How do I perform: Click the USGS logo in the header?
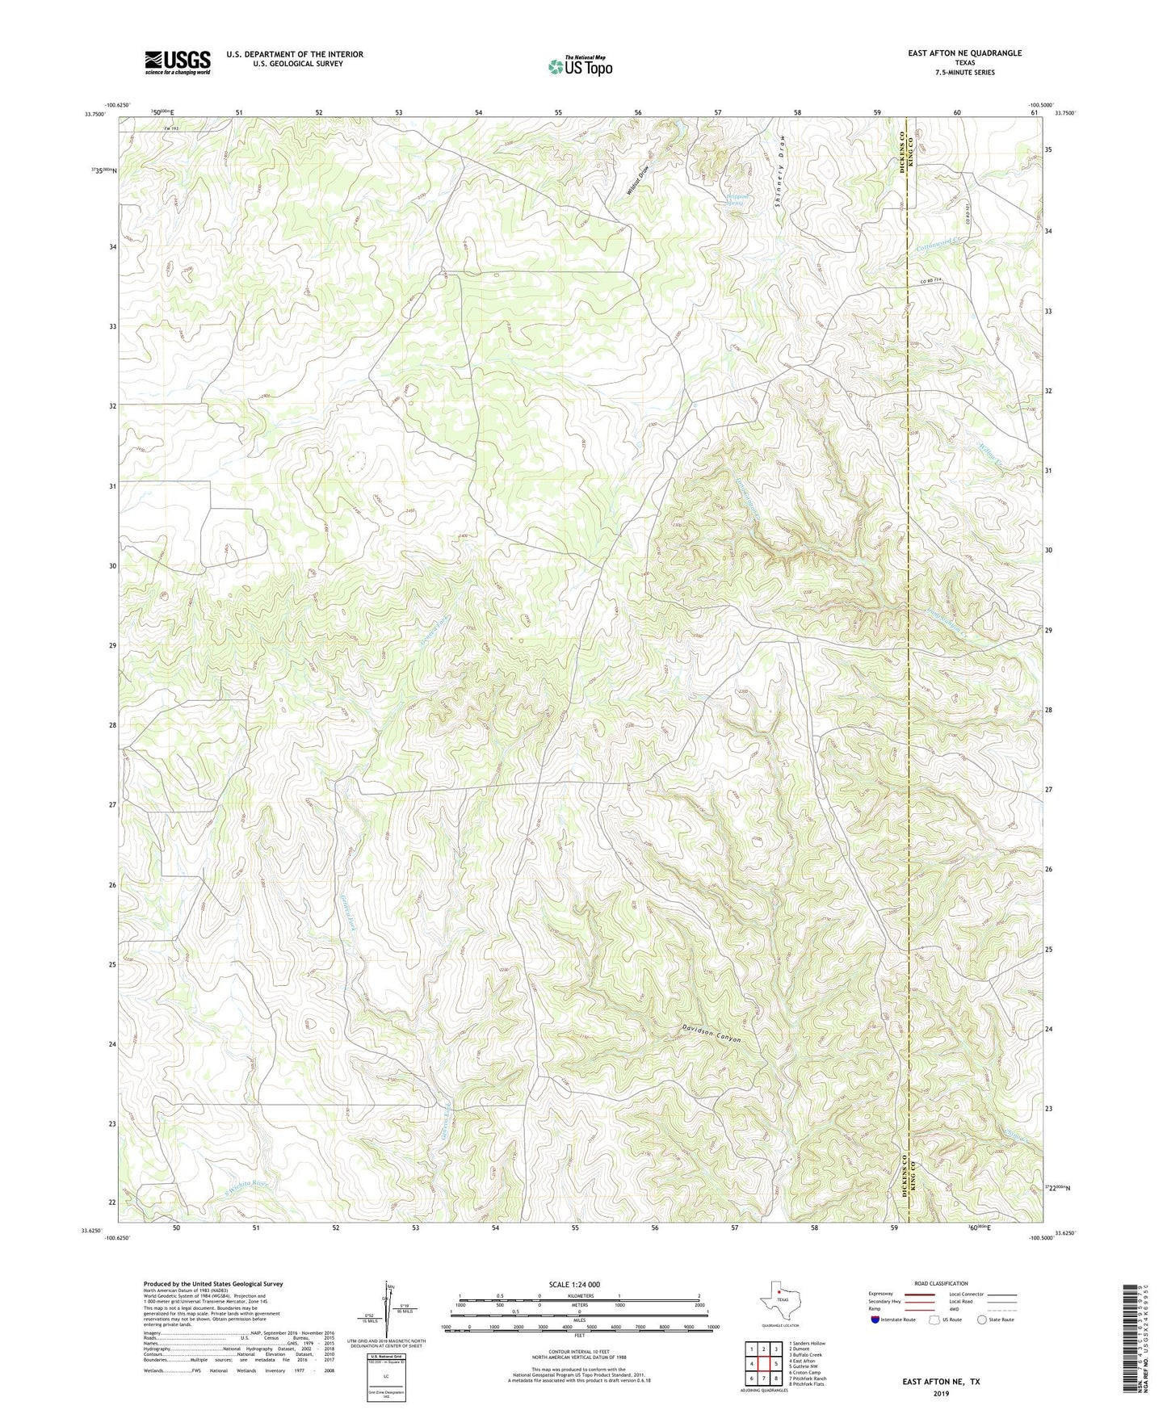(178, 62)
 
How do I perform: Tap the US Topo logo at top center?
(580, 65)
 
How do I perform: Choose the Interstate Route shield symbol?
(875, 1320)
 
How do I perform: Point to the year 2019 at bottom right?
(941, 1394)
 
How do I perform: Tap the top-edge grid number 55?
(559, 112)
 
